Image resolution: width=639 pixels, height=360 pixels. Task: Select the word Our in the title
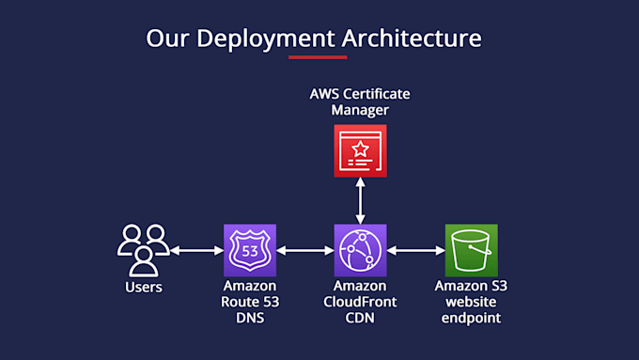[165, 39]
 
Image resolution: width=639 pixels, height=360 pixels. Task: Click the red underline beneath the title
[318, 57]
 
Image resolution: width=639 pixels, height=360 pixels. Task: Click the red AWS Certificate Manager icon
[360, 150]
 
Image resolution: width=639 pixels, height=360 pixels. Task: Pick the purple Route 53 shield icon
[250, 250]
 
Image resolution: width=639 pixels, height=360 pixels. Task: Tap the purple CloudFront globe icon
[360, 250]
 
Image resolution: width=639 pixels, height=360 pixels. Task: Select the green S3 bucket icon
[471, 250]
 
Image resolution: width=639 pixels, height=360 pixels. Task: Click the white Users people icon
[143, 248]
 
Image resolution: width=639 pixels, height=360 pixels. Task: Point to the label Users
[143, 287]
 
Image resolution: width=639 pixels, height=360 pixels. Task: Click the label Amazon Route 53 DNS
[250, 302]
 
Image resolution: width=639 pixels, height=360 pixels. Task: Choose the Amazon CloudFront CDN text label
[360, 302]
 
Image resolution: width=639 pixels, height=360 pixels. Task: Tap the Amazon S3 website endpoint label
[470, 302]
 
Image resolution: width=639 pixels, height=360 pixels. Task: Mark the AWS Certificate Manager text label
[360, 102]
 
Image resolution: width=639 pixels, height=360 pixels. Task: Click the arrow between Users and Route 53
[196, 251]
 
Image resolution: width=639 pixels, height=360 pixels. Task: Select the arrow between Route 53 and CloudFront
[305, 251]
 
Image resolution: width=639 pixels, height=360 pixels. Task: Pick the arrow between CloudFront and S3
[415, 251]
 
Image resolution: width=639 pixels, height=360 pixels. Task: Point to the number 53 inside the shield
[250, 251]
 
